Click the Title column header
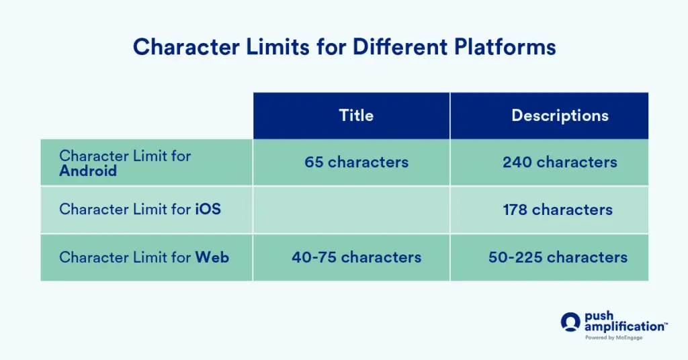tap(355, 116)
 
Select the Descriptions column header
tap(560, 116)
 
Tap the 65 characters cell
tap(356, 162)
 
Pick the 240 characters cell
tap(560, 162)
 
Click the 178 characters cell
tap(557, 210)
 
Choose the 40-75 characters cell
tap(356, 257)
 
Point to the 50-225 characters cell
tap(558, 257)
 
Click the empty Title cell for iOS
tap(351, 210)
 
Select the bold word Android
tap(88, 171)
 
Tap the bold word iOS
tap(208, 210)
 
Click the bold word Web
tap(212, 257)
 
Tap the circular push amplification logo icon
tap(570, 322)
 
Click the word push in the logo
tap(599, 316)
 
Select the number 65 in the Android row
tap(314, 162)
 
